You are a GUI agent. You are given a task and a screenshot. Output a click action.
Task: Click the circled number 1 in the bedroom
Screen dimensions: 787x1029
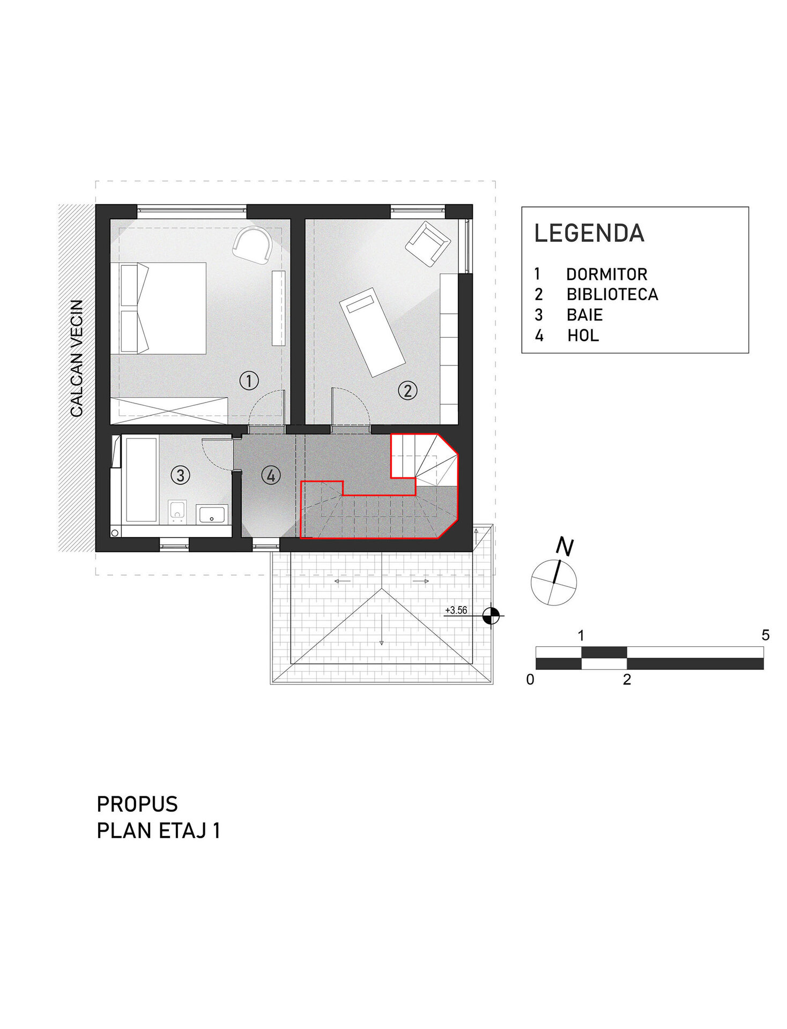click(249, 381)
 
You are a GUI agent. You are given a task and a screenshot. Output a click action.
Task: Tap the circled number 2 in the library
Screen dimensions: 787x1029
click(407, 390)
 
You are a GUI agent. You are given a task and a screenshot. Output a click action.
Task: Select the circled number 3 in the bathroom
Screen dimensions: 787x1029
click(180, 475)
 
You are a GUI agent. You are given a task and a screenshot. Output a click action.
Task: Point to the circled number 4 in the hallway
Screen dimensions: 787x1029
click(271, 475)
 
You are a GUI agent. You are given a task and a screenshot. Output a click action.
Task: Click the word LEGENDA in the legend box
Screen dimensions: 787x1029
click(589, 233)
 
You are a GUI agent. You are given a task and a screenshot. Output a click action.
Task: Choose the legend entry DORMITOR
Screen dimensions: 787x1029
click(607, 274)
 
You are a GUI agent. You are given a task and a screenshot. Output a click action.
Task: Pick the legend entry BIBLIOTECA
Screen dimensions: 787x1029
click(612, 294)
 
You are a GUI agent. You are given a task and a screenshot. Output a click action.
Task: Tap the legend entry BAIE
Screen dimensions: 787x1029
click(585, 315)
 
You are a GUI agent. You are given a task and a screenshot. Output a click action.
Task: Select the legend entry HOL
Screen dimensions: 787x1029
click(583, 335)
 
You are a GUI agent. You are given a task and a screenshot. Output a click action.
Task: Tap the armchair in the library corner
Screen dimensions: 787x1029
click(428, 244)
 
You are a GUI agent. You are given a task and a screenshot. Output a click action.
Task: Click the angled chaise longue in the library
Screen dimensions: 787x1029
click(372, 332)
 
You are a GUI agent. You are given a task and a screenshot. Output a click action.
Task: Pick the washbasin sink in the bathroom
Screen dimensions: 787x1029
click(212, 514)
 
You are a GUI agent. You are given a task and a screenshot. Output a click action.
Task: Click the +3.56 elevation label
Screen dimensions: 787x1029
click(456, 610)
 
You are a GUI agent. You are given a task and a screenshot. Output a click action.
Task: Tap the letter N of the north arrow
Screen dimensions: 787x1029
click(565, 546)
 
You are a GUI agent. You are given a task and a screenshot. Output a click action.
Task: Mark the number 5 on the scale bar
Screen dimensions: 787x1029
click(766, 635)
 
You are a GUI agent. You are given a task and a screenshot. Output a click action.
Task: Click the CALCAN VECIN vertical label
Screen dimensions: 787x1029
click(77, 358)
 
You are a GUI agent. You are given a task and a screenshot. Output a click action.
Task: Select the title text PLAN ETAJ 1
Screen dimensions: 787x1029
click(159, 831)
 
